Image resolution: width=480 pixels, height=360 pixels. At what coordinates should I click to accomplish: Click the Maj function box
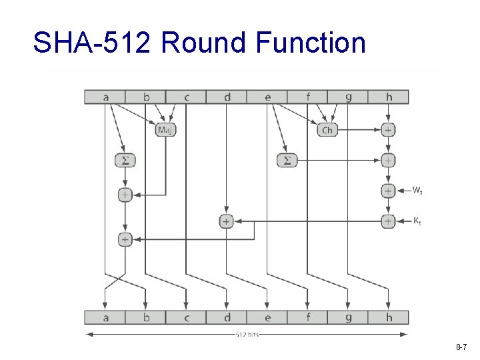(x=165, y=130)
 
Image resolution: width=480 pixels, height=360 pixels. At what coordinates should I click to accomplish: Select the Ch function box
(x=327, y=130)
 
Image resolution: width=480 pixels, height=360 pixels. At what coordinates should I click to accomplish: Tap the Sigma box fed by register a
(x=124, y=160)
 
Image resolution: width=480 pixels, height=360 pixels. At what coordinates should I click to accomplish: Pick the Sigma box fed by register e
(x=287, y=160)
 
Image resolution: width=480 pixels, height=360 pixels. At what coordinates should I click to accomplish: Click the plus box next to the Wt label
(x=388, y=191)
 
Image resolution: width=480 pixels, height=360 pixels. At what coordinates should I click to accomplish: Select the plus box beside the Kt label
(x=388, y=221)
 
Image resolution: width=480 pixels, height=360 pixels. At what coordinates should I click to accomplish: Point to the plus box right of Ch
(x=388, y=129)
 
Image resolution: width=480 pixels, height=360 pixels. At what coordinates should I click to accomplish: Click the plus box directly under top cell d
(x=227, y=221)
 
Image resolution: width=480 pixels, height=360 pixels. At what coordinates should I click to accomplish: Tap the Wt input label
(x=417, y=191)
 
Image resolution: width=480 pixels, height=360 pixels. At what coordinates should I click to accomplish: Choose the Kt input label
(x=417, y=221)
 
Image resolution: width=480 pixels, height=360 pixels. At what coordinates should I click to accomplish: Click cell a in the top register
(x=105, y=97)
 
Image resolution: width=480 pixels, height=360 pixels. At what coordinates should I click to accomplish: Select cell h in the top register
(x=389, y=97)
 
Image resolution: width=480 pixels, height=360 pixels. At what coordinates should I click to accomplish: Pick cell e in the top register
(x=267, y=97)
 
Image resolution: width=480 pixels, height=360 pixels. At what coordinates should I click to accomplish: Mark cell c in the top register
(x=187, y=97)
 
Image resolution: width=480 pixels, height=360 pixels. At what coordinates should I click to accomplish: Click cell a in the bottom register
(x=105, y=317)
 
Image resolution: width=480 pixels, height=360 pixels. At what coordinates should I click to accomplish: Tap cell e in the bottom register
(x=267, y=317)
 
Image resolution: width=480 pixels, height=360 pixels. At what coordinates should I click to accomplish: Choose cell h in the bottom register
(x=389, y=317)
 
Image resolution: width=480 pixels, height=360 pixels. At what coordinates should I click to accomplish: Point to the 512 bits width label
(x=247, y=334)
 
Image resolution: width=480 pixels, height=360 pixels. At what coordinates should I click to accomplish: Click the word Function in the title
(x=310, y=43)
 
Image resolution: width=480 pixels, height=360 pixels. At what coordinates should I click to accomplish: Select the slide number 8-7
(x=461, y=348)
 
